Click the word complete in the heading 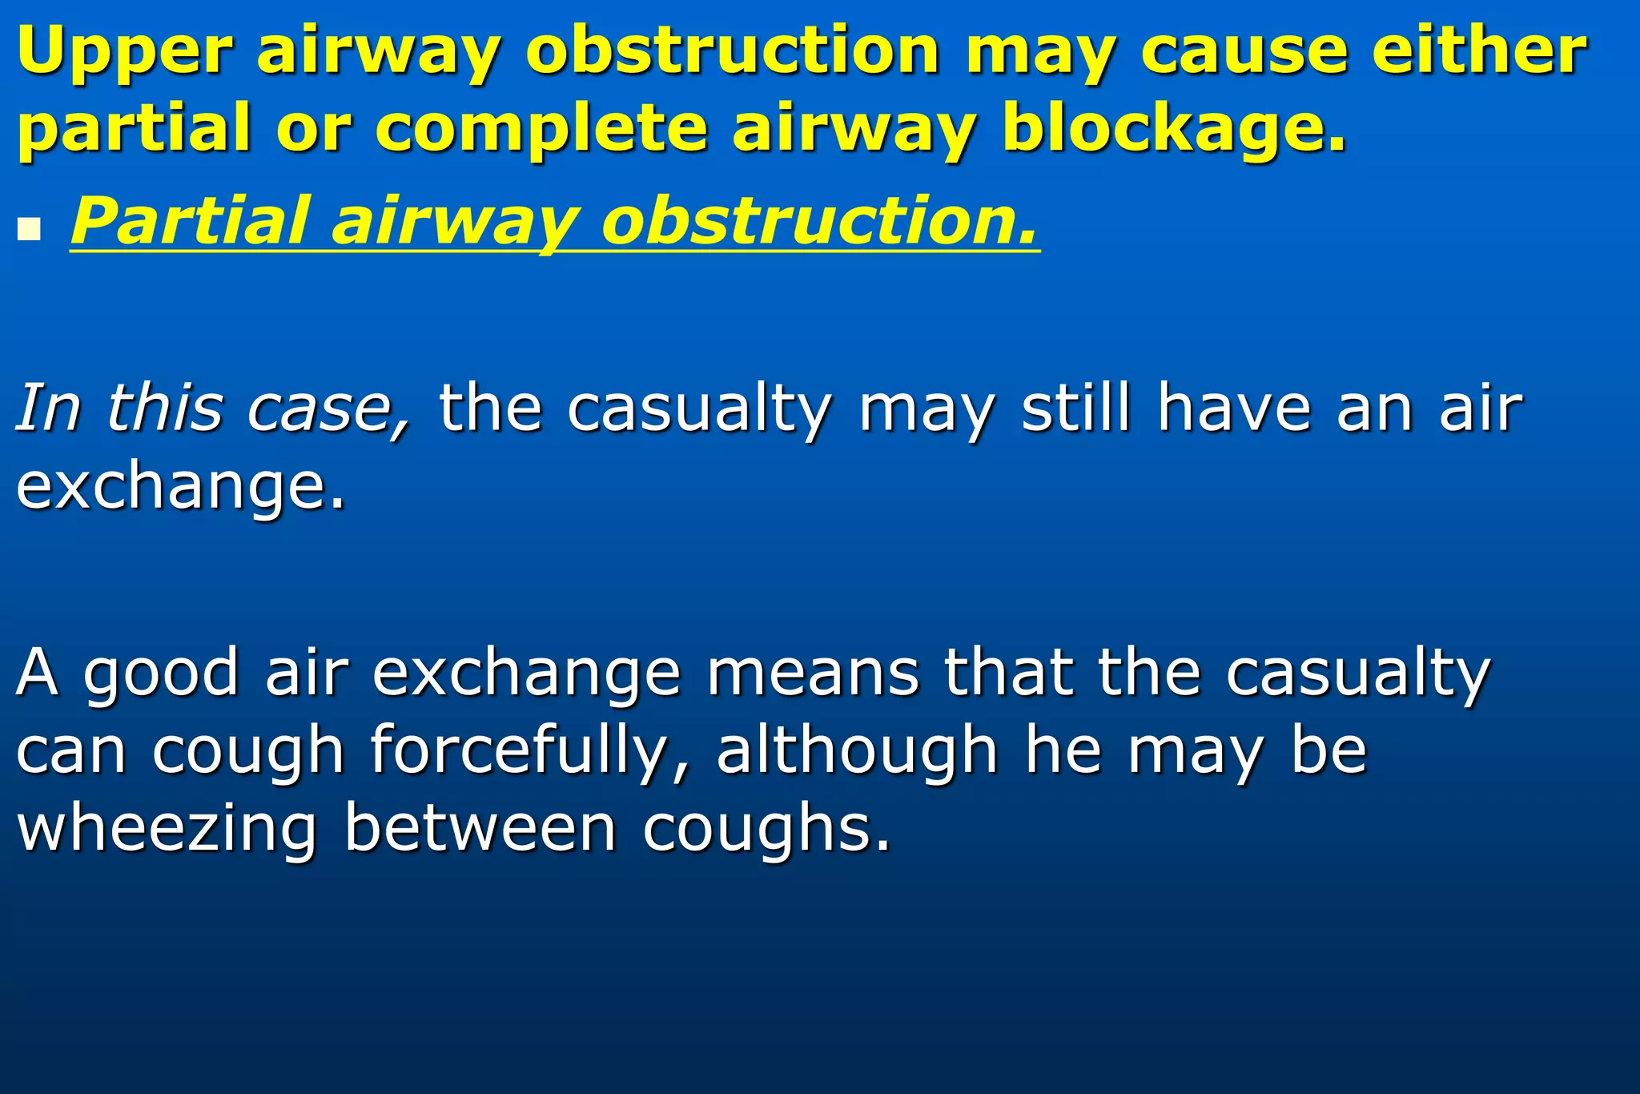541,128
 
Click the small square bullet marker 29,230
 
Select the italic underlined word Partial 190,222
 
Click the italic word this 164,408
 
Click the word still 1076,408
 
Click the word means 812,673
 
